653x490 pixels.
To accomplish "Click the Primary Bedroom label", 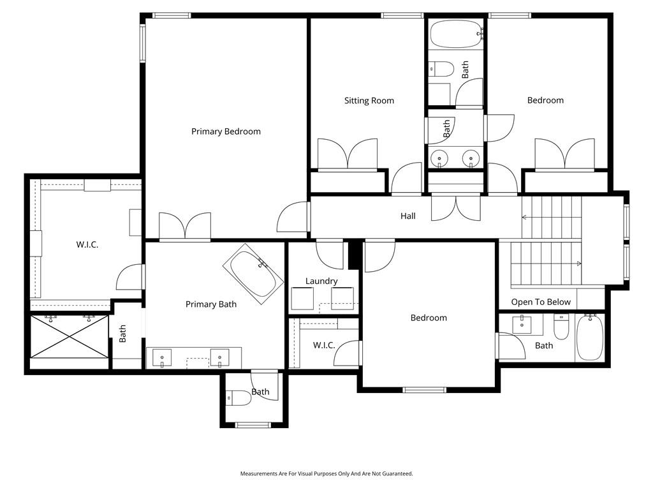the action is pos(226,131).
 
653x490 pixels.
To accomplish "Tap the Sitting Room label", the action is pos(369,100).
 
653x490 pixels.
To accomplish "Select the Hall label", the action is pos(408,216).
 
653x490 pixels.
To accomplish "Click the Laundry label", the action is pos(321,281).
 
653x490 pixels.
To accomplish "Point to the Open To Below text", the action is pos(541,302).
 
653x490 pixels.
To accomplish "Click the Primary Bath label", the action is pos(210,304).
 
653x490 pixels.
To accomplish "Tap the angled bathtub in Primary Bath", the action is pos(253,274).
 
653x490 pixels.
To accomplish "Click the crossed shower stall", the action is pos(69,336).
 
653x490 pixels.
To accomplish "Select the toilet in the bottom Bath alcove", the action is pos(238,398).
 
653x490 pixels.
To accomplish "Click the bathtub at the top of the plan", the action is pos(457,34).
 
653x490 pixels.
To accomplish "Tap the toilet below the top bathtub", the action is pos(441,69).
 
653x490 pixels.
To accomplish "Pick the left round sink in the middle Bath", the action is pos(439,158).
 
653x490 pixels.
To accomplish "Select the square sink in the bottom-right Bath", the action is pos(522,324).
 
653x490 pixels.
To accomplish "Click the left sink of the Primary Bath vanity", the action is pos(161,358).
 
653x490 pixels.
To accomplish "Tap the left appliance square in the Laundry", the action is pos(302,299).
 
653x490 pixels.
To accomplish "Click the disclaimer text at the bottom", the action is pos(326,474).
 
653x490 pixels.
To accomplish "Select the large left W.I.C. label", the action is pos(87,244).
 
